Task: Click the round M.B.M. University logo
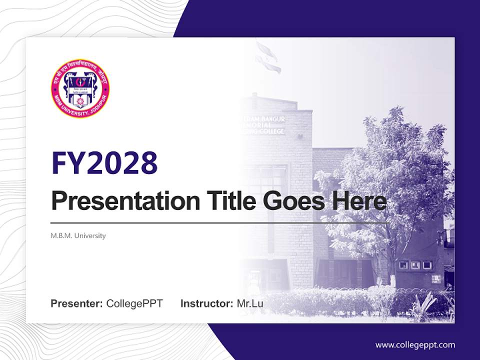80,88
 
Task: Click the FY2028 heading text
104,162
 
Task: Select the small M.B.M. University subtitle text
78,235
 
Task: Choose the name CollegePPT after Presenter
134,303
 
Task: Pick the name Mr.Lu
250,303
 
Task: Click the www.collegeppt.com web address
415,345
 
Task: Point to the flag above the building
266,55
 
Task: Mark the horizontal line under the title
220,222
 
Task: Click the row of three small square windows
414,265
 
